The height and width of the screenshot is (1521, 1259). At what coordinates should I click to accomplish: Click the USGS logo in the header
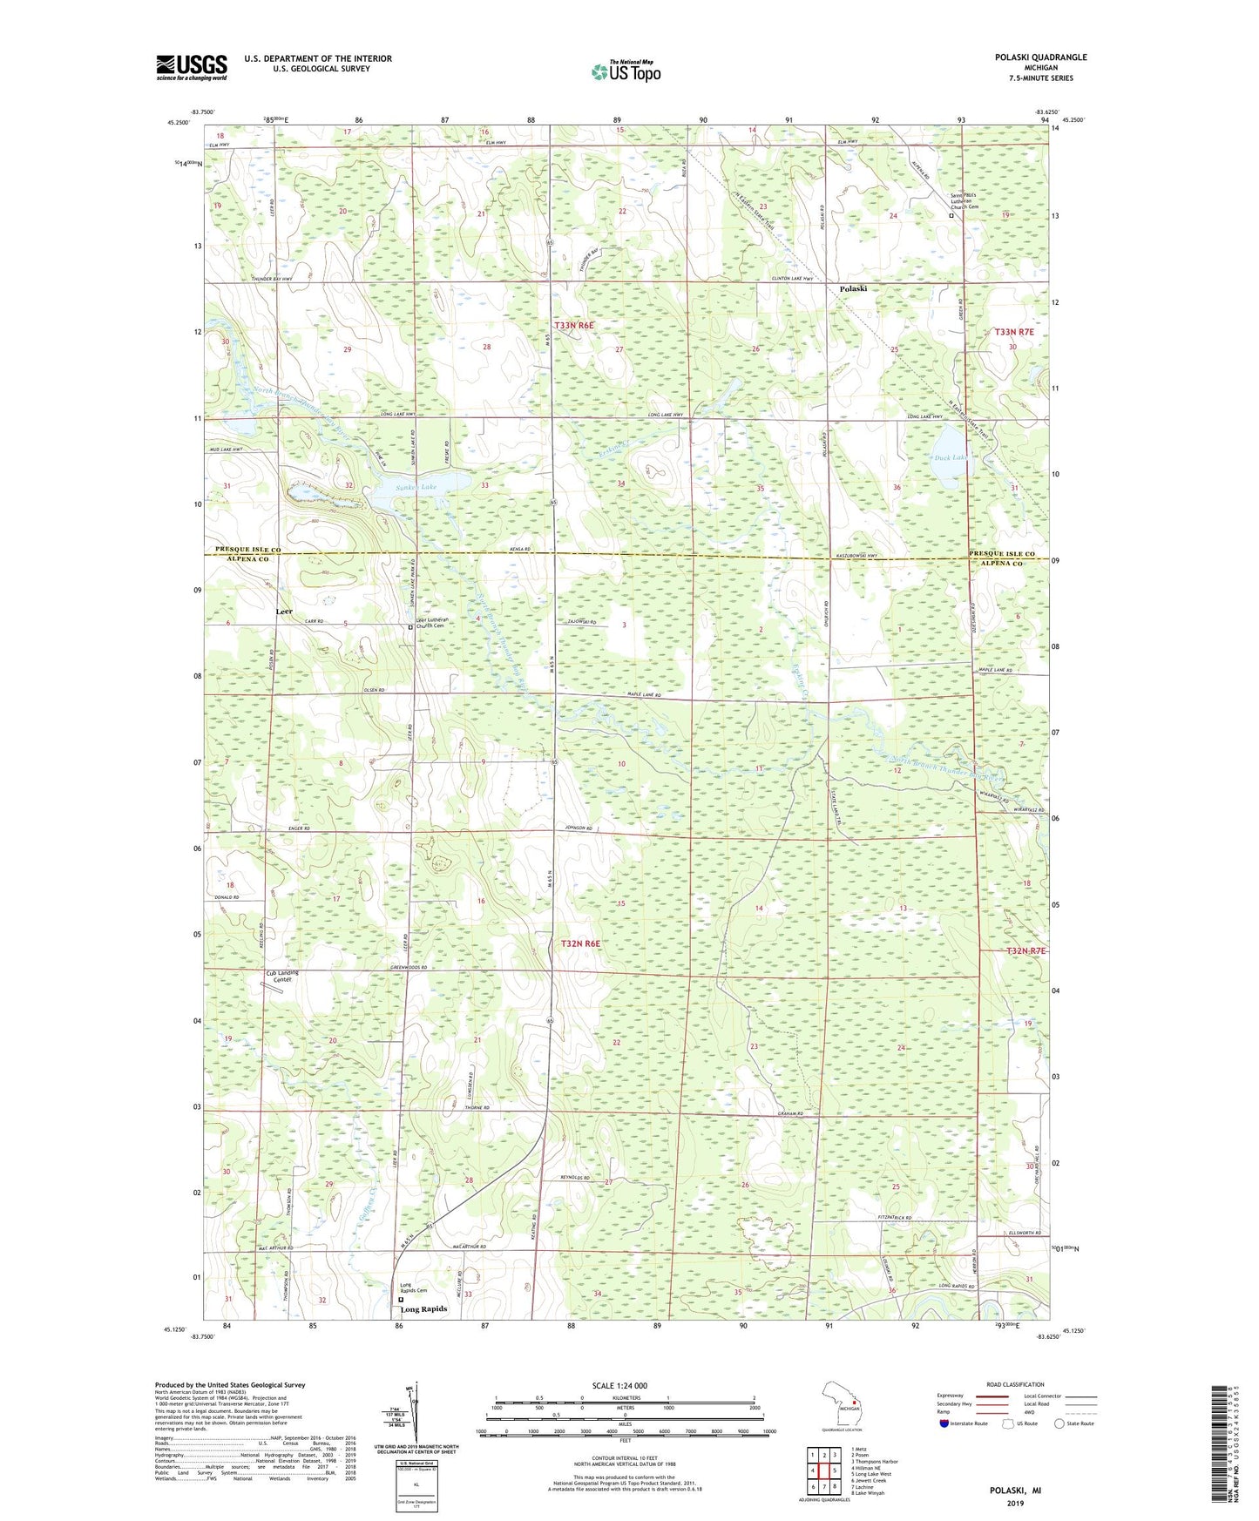pos(191,67)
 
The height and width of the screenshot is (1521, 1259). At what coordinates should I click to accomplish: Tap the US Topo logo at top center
pos(625,71)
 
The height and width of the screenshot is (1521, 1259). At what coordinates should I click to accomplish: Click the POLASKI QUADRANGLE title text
pos(1040,57)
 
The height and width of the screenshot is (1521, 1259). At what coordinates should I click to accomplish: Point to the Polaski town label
pos(853,288)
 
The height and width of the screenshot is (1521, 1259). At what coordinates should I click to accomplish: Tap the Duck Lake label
pos(949,457)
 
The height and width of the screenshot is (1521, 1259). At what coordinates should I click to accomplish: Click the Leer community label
pos(284,612)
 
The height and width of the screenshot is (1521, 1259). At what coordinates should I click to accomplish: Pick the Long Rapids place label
pos(423,1309)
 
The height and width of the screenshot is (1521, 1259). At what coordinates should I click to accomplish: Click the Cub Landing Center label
pos(282,977)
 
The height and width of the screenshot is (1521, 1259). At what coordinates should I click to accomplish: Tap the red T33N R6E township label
pos(574,325)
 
